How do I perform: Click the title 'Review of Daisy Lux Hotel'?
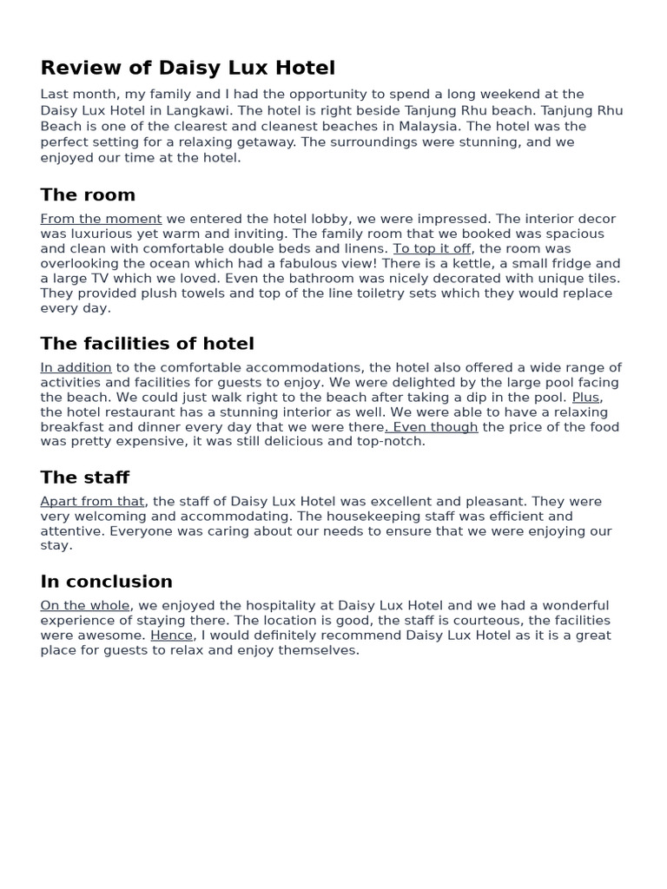tap(188, 68)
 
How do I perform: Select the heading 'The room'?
tap(88, 194)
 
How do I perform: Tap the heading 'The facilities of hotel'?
tap(147, 344)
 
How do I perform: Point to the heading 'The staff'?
tap(84, 477)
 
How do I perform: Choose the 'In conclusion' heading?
tap(106, 582)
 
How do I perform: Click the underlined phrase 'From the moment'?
tap(101, 219)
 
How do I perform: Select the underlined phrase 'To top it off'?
tap(432, 248)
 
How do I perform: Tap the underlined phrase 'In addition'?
tap(76, 368)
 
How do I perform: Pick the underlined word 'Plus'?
tap(585, 398)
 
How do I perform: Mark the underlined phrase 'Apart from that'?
tap(92, 502)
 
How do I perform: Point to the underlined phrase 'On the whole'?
tap(85, 606)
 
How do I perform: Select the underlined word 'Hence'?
tap(171, 635)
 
